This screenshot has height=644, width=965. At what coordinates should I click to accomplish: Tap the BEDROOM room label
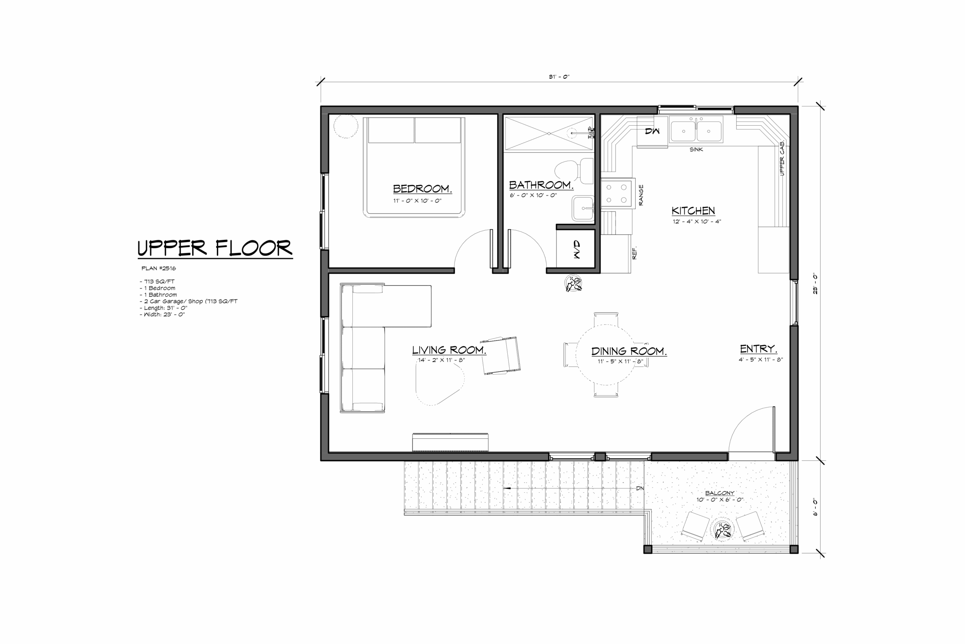(422, 189)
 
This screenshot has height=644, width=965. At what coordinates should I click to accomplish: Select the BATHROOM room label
(541, 185)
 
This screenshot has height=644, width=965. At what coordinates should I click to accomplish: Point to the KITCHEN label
(693, 211)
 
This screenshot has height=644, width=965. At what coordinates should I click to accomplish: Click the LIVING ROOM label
(449, 350)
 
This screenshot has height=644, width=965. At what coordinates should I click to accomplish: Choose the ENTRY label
(758, 349)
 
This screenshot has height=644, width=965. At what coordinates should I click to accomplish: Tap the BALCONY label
(720, 493)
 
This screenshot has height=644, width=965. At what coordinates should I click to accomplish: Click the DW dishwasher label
(652, 131)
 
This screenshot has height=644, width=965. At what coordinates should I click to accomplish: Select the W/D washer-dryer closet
(576, 249)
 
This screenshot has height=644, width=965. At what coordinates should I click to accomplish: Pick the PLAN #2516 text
(158, 268)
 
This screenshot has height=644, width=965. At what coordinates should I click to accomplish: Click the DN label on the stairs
(640, 488)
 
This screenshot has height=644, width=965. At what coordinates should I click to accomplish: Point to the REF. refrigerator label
(634, 253)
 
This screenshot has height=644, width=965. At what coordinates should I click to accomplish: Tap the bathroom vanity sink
(583, 208)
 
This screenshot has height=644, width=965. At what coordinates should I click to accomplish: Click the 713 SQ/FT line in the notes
(158, 281)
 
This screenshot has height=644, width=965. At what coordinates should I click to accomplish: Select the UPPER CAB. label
(782, 158)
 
